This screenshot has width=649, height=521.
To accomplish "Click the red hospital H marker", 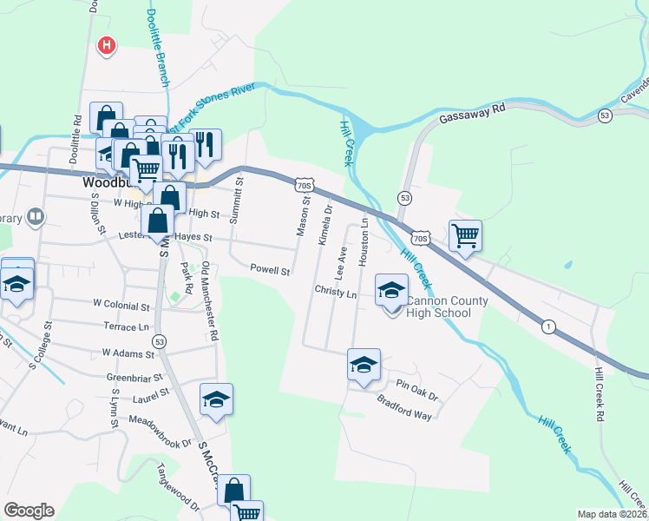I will (x=107, y=44).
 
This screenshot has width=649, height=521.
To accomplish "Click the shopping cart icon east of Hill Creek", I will (x=466, y=234).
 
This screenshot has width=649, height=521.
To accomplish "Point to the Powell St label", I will (x=270, y=270).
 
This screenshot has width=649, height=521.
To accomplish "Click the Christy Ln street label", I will (x=336, y=293).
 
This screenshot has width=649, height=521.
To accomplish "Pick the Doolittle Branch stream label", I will (x=162, y=43).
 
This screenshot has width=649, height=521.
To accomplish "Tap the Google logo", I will (x=29, y=511).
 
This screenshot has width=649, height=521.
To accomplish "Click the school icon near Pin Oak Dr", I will (x=364, y=365).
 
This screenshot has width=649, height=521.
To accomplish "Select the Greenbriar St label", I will (x=134, y=378).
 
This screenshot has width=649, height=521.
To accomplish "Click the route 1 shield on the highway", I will (x=548, y=326).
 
